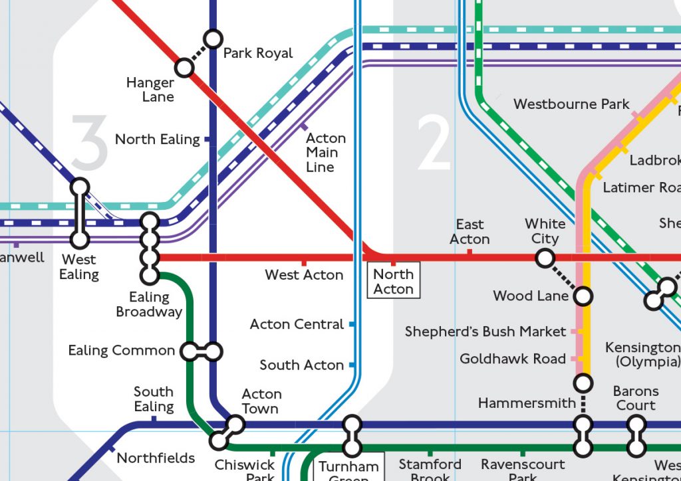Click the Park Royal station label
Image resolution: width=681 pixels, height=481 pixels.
click(x=257, y=53)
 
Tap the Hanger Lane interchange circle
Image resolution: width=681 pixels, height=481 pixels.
click(x=184, y=68)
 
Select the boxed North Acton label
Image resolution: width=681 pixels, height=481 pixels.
click(x=393, y=282)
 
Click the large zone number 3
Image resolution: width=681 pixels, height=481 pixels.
click(x=89, y=142)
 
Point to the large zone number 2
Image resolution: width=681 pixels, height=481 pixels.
click(x=434, y=142)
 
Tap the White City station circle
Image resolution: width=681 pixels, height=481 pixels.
click(x=545, y=258)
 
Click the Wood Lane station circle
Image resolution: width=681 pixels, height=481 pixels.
click(x=583, y=296)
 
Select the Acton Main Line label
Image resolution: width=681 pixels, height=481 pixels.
click(x=325, y=152)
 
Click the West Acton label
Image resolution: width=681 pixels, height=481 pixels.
click(x=304, y=274)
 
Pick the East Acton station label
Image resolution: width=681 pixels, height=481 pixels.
click(x=470, y=232)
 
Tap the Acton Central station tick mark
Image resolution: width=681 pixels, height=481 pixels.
click(x=352, y=324)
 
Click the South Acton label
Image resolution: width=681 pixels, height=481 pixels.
click(x=301, y=365)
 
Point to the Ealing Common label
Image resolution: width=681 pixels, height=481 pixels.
click(x=122, y=350)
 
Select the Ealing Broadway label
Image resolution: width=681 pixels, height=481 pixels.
click(x=149, y=304)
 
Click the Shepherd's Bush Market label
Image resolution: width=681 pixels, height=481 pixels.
click(x=485, y=332)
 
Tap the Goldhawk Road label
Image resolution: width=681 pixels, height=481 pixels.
click(x=512, y=359)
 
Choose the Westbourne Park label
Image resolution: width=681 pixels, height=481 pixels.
click(x=571, y=104)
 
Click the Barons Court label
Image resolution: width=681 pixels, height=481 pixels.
click(x=636, y=398)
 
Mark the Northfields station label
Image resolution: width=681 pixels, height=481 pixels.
click(x=156, y=458)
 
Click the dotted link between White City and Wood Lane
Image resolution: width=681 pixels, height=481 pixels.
click(x=564, y=277)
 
